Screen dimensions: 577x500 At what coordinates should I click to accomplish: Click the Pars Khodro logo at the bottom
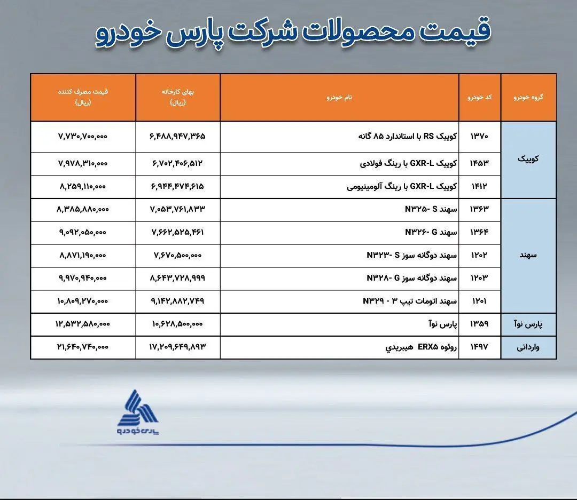click(138, 412)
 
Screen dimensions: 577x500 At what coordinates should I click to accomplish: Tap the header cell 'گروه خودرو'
click(528, 98)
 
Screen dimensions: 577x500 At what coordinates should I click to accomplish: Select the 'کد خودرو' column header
click(479, 98)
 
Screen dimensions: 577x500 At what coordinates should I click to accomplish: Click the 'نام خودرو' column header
click(339, 98)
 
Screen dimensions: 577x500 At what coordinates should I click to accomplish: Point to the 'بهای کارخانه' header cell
click(178, 97)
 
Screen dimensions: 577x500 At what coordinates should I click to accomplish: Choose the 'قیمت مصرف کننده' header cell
click(83, 97)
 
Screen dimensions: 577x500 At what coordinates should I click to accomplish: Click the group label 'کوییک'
click(528, 158)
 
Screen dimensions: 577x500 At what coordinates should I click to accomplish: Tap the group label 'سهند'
click(528, 255)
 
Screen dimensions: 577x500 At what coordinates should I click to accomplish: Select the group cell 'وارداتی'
click(528, 347)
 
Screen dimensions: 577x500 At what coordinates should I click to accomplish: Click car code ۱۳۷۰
click(479, 137)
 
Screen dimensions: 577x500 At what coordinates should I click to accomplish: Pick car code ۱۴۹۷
click(479, 347)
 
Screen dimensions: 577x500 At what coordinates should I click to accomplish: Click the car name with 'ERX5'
click(421, 347)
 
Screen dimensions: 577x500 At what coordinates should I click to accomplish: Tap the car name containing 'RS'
click(408, 137)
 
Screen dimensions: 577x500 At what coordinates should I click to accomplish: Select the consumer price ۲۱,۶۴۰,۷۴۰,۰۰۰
click(83, 347)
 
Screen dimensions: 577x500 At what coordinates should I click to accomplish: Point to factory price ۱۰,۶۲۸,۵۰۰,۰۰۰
click(177, 324)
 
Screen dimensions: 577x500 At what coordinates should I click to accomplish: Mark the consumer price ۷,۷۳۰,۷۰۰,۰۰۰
click(83, 137)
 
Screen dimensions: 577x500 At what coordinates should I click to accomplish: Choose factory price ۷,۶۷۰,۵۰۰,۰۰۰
click(177, 255)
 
